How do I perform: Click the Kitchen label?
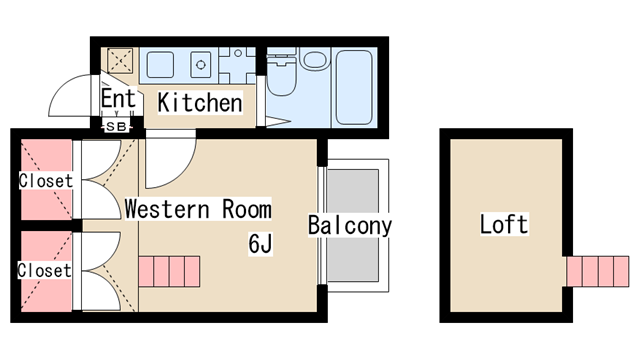(200, 102)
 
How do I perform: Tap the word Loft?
(504, 224)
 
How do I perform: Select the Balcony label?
(350, 225)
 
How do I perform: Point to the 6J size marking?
(260, 244)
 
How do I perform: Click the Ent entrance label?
(118, 98)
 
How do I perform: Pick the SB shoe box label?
(116, 127)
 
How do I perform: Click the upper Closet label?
(46, 181)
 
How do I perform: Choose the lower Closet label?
(44, 271)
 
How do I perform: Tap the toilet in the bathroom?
(281, 75)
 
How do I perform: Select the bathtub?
(354, 87)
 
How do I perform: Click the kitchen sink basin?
(160, 64)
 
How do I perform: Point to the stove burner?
(200, 64)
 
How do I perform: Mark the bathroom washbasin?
(315, 58)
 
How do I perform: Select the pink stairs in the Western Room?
(169, 271)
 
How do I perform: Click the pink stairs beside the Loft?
(597, 271)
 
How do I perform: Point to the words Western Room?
(198, 209)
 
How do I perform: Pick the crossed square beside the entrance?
(120, 61)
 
